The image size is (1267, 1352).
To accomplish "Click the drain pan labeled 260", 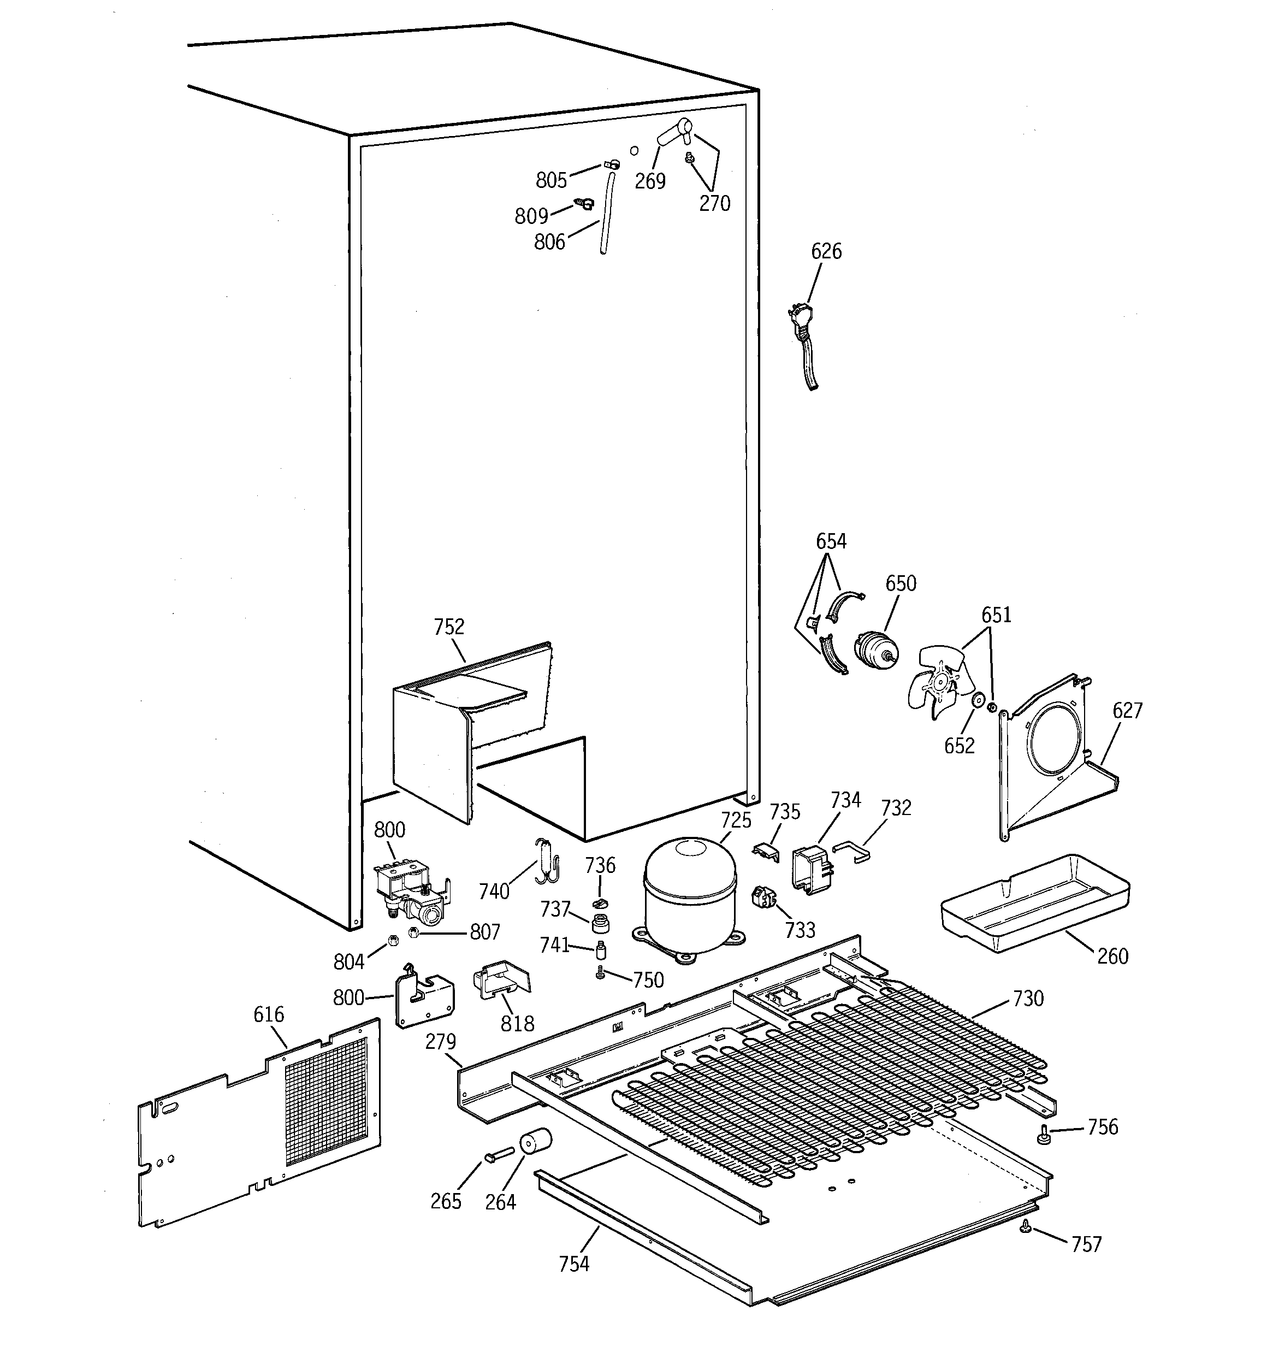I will point(1034,904).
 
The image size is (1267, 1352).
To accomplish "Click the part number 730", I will point(1028,999).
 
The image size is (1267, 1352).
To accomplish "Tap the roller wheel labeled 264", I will point(535,1143).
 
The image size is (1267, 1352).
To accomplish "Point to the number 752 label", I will point(449,627).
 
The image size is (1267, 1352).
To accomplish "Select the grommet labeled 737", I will point(600,925).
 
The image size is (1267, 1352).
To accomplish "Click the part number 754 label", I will point(574,1264).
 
